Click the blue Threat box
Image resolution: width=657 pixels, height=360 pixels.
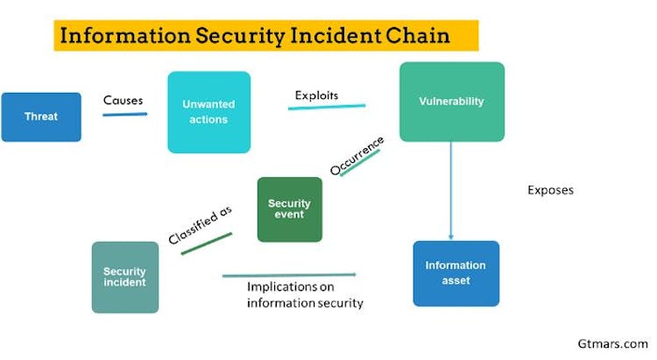pyautogui.click(x=41, y=116)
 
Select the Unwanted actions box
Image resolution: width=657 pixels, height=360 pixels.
pyautogui.click(x=208, y=112)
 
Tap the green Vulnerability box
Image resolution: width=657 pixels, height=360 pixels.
pyautogui.click(x=451, y=102)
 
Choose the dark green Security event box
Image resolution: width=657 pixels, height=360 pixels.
pyautogui.click(x=289, y=209)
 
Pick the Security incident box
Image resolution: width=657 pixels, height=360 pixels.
pyautogui.click(x=124, y=277)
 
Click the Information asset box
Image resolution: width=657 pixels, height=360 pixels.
pyautogui.click(x=456, y=273)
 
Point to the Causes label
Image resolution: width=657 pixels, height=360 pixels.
pyautogui.click(x=124, y=100)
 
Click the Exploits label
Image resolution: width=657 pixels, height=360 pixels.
pyautogui.click(x=316, y=94)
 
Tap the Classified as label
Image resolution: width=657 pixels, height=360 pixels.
pyautogui.click(x=200, y=227)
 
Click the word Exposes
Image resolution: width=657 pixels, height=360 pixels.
pyautogui.click(x=550, y=189)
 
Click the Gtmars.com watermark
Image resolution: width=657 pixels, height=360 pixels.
pyautogui.click(x=613, y=344)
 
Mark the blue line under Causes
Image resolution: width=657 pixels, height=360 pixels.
pyautogui.click(x=124, y=113)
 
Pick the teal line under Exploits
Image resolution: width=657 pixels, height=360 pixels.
pyautogui.click(x=327, y=107)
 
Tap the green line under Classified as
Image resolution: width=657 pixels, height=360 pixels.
pyautogui.click(x=206, y=244)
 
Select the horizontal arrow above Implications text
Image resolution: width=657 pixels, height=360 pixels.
pyautogui.click(x=289, y=275)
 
